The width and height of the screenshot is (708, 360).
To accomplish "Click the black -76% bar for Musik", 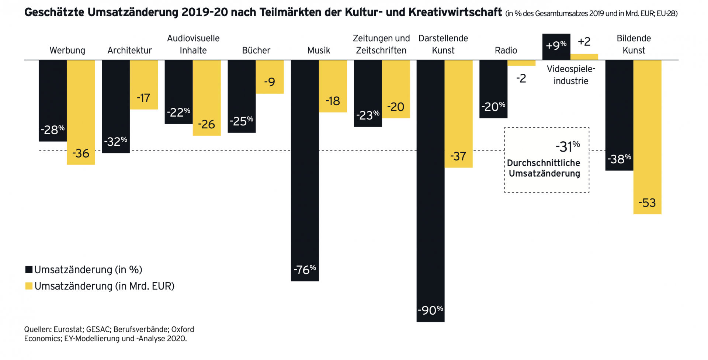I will click(x=305, y=170).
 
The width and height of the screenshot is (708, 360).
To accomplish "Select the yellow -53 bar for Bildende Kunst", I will click(x=647, y=136).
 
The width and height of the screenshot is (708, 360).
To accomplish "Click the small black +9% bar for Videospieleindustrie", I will click(x=556, y=46).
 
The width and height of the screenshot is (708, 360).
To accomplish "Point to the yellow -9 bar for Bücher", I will click(x=270, y=76).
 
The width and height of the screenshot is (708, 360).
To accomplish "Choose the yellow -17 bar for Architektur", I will click(x=144, y=84).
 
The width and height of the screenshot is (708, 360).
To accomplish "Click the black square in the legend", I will click(x=29, y=270).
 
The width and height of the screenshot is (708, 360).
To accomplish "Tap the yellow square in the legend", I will click(x=29, y=286).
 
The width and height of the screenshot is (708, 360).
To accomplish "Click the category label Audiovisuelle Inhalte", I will click(x=193, y=44).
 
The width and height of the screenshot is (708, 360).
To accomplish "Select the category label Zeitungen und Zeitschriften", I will click(x=381, y=44).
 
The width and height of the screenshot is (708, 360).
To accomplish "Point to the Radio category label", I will click(x=506, y=51).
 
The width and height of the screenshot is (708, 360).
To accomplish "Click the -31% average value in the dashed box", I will click(x=568, y=147).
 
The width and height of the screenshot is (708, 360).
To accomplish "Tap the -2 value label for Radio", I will click(x=521, y=78).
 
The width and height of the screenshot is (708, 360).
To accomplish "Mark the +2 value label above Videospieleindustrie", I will click(x=584, y=41).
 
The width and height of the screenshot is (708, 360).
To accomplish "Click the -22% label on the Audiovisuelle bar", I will click(x=178, y=112).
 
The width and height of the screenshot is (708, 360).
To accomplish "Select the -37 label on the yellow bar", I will click(x=458, y=156).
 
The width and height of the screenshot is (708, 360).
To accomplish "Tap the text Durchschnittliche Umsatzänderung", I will click(x=544, y=168).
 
